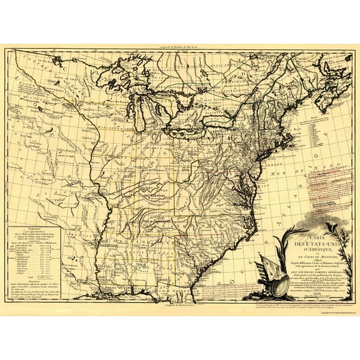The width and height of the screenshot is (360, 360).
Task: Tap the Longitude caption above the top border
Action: click(182, 47)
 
